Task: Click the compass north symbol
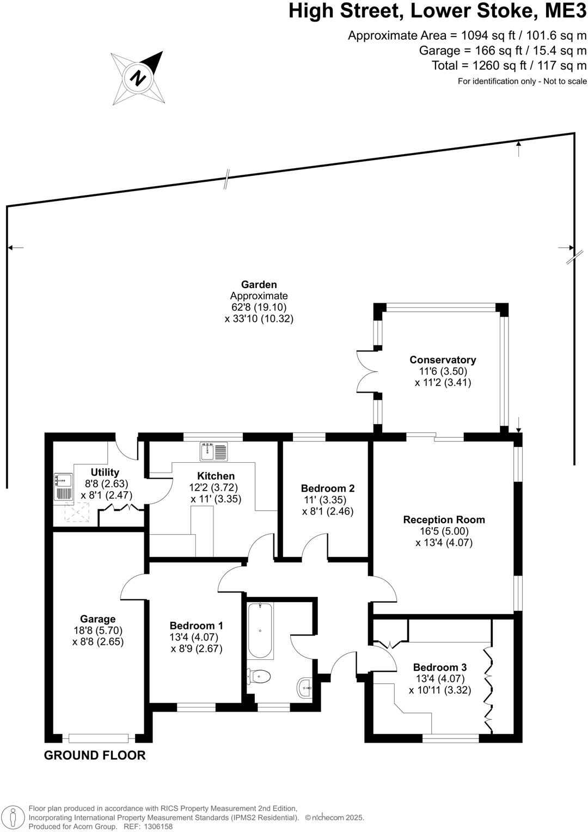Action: click(x=138, y=77)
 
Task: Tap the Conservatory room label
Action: click(x=443, y=360)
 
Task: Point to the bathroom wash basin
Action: click(x=305, y=688)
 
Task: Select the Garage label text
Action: click(x=98, y=619)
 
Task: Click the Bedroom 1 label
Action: click(x=196, y=626)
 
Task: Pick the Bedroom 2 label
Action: click(x=328, y=488)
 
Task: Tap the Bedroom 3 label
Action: click(x=440, y=668)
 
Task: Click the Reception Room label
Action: click(x=444, y=520)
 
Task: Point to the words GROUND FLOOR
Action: click(x=95, y=756)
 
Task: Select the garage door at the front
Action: click(x=99, y=738)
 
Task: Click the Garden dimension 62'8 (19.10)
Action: click(x=259, y=307)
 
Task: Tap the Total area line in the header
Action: click(x=509, y=66)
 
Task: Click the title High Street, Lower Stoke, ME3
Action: click(x=438, y=12)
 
